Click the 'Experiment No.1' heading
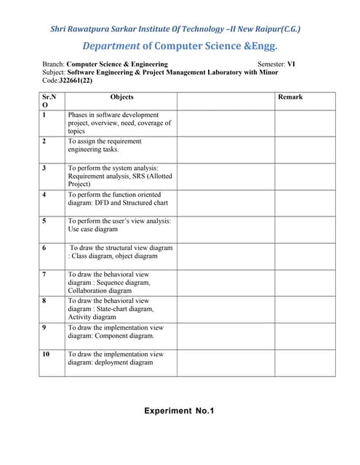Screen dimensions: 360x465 (x=179, y=411)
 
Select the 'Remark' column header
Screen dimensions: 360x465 (x=290, y=97)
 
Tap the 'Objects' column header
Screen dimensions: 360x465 (x=121, y=97)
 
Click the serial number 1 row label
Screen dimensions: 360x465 (x=44, y=115)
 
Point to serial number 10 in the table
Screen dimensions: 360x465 (x=47, y=354)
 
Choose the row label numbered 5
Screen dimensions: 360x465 (x=44, y=220)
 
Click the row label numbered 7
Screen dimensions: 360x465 (x=44, y=274)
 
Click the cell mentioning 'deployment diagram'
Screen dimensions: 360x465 (x=116, y=358)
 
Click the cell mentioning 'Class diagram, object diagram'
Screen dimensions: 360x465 (x=121, y=251)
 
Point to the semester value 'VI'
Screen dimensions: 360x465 (x=291, y=64)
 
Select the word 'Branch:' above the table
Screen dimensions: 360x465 (x=53, y=64)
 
